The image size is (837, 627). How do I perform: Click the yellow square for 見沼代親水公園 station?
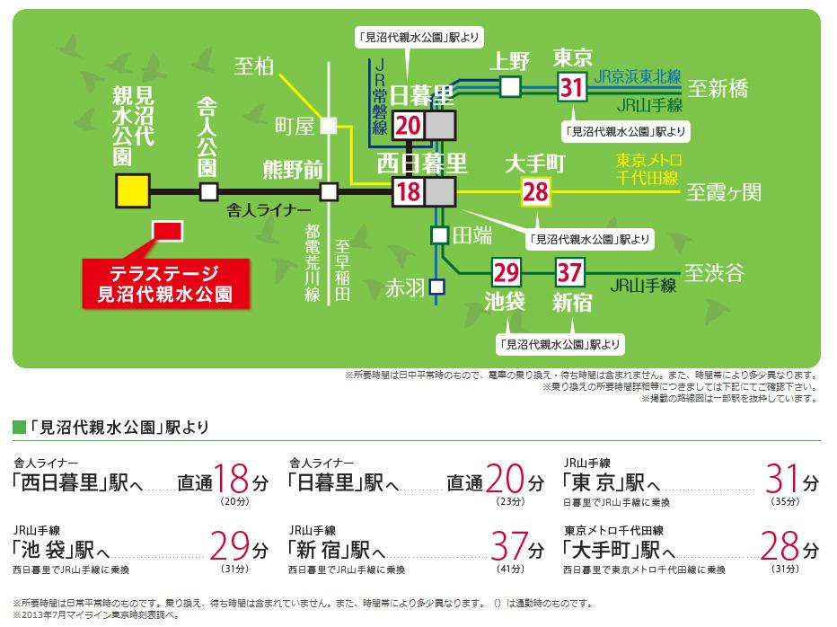(x=132, y=190)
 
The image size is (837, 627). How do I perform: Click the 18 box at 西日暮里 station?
(x=408, y=191)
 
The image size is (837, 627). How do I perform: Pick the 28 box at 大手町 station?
(x=535, y=191)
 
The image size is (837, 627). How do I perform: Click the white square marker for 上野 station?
(x=510, y=86)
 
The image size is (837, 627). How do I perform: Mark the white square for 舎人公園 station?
(x=208, y=191)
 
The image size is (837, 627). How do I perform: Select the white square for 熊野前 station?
(x=329, y=191)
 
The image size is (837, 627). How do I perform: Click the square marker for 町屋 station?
(x=329, y=127)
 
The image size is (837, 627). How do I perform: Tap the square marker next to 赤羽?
(x=436, y=287)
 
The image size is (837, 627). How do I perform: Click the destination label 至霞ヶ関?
(x=724, y=192)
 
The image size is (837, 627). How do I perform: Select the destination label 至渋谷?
(x=715, y=272)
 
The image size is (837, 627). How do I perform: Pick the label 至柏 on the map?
(x=252, y=66)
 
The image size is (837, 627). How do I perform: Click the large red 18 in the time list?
(x=233, y=480)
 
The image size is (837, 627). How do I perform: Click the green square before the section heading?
(x=19, y=426)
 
